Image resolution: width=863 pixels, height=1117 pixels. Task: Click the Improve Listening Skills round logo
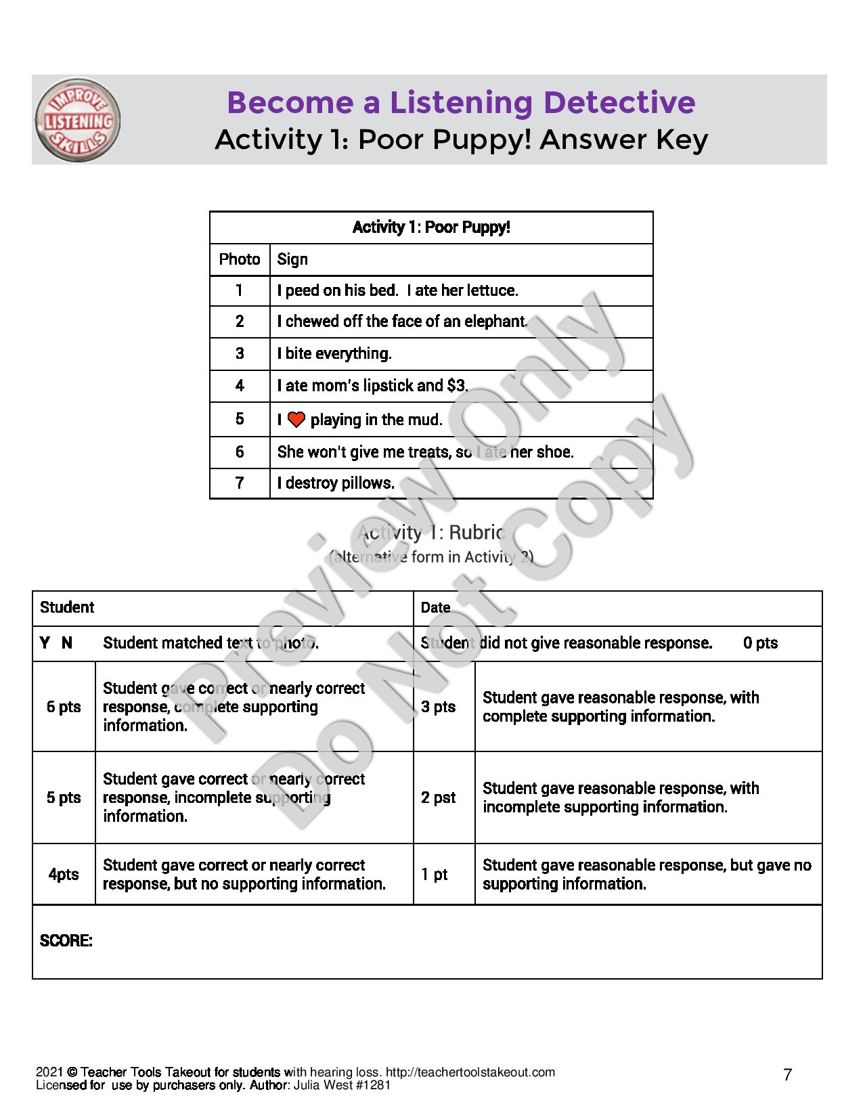pyautogui.click(x=78, y=121)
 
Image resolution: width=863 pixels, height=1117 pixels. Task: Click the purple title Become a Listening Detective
pyautogui.click(x=461, y=102)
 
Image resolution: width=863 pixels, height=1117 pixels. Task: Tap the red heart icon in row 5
pyautogui.click(x=296, y=420)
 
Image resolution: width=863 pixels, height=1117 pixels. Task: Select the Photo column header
pyautogui.click(x=240, y=259)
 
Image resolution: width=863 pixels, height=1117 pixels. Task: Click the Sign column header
pyautogui.click(x=292, y=259)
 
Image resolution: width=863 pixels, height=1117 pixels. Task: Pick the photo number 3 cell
pyautogui.click(x=240, y=353)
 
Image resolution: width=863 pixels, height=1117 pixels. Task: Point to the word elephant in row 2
pyautogui.click(x=495, y=322)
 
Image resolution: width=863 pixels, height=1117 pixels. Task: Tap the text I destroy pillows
pyautogui.click(x=336, y=483)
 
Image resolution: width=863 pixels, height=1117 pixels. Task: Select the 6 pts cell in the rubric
pyautogui.click(x=64, y=707)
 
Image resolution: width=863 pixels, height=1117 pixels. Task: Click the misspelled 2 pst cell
pyautogui.click(x=438, y=797)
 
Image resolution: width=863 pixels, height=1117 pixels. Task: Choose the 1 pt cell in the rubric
pyautogui.click(x=434, y=875)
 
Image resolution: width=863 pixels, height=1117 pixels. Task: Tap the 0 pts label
pyautogui.click(x=760, y=643)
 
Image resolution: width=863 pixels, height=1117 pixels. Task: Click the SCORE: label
pyautogui.click(x=66, y=941)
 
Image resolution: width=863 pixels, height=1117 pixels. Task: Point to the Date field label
pyautogui.click(x=435, y=608)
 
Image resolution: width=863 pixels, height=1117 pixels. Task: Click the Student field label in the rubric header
pyautogui.click(x=67, y=607)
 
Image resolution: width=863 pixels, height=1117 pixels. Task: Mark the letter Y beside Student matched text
pyautogui.click(x=45, y=643)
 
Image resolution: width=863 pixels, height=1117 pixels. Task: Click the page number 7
pyautogui.click(x=787, y=1074)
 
